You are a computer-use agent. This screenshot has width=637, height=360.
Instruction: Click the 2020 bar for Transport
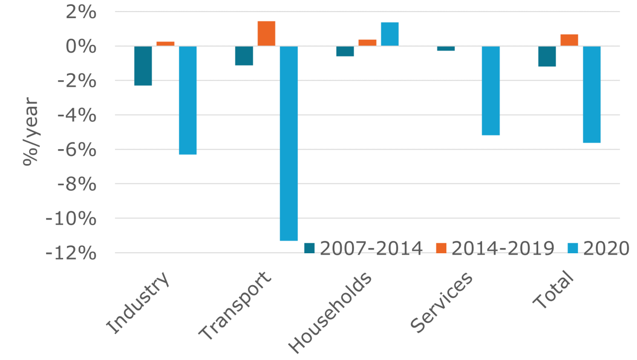click(x=289, y=143)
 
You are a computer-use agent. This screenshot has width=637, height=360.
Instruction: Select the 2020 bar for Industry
click(x=188, y=100)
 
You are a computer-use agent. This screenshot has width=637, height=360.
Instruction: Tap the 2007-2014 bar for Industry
click(x=143, y=66)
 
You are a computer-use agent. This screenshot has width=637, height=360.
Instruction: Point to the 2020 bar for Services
click(x=490, y=91)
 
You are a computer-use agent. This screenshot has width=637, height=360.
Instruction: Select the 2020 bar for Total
click(x=591, y=95)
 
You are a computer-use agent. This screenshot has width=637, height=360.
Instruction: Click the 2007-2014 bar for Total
click(x=547, y=56)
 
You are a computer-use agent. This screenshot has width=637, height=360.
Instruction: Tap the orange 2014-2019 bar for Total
click(x=569, y=40)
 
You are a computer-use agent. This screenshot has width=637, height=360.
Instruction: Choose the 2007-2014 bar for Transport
click(x=244, y=56)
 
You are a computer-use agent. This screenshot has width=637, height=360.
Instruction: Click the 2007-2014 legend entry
click(x=364, y=248)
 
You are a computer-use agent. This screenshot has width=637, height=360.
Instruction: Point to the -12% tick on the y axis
click(x=71, y=253)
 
